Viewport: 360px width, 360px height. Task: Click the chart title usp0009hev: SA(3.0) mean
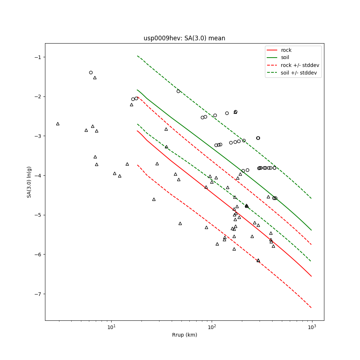(x=184, y=38)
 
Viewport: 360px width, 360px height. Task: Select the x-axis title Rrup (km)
(x=184, y=335)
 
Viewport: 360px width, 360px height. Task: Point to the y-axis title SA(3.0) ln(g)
(x=29, y=182)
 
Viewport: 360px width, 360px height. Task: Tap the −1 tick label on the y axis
(x=37, y=57)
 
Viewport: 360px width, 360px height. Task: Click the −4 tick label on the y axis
(x=37, y=176)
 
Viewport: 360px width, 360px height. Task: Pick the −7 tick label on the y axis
(x=37, y=294)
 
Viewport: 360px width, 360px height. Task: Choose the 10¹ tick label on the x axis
(x=112, y=327)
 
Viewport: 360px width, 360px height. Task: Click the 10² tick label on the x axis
(x=212, y=327)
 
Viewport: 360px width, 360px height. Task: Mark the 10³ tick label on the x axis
(x=312, y=327)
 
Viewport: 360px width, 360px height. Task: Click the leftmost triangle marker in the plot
(x=58, y=124)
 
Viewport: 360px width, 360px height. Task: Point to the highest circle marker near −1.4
(x=91, y=72)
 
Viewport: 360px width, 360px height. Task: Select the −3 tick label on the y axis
(x=37, y=136)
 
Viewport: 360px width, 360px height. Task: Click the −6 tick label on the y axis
(x=37, y=255)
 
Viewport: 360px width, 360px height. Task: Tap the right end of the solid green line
(x=311, y=230)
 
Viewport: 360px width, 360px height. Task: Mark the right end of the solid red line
(x=311, y=276)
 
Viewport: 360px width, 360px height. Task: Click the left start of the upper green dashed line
(x=137, y=56)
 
